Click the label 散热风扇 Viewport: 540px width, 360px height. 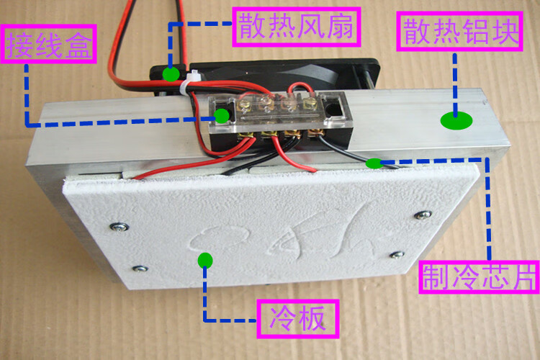coord(297,27)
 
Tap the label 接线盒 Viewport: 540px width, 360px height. coord(48,44)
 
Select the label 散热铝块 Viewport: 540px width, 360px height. coord(460,32)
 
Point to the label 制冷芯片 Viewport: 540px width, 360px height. coord(479,277)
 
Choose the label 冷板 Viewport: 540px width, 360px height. coord(298,319)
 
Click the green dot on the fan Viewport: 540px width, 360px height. coord(171,74)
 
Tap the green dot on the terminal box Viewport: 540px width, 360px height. coord(222,116)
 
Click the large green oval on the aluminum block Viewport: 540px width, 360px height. coord(456,120)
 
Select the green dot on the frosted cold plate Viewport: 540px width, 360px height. coord(205,260)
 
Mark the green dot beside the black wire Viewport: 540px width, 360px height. coord(374,163)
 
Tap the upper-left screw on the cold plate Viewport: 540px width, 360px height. coord(120,227)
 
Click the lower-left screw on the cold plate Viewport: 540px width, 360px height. coord(140,269)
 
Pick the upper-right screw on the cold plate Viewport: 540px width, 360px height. coord(423,215)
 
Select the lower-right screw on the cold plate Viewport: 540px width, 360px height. coord(397,255)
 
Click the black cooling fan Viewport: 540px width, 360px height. coord(265,75)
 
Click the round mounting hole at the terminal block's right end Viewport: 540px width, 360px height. coord(333,109)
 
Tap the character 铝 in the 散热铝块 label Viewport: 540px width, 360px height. coord(475,32)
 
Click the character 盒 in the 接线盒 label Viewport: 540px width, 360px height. coord(78,45)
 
